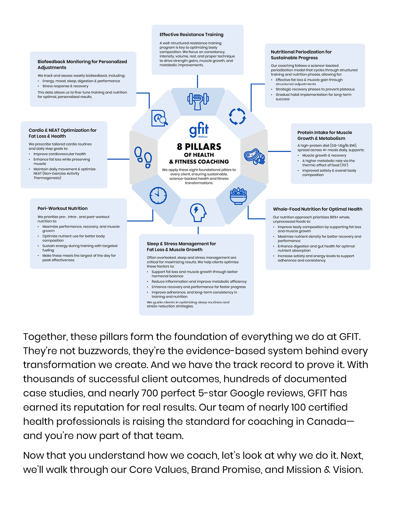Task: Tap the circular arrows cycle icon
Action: pyautogui.click(x=237, y=116)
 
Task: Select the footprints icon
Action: pyautogui.click(x=143, y=157)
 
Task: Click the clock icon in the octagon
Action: pyautogui.click(x=158, y=195)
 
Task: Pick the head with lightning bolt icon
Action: pyautogui.click(x=198, y=212)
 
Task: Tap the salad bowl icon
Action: pyautogui.click(x=238, y=196)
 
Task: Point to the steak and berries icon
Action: pyautogui.click(x=254, y=157)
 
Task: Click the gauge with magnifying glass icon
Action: pyautogui.click(x=159, y=118)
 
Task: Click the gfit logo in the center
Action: pyautogui.click(x=199, y=130)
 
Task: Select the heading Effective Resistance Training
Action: pyautogui.click(x=191, y=35)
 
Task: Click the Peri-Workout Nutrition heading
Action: pyautogui.click(x=63, y=209)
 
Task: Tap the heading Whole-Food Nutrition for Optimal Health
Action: pyautogui.click(x=317, y=209)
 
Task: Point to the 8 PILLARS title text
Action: pyautogui.click(x=199, y=147)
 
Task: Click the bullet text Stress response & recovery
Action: pyautogui.click(x=65, y=86)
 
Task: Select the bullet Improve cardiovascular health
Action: pyautogui.click(x=60, y=154)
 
